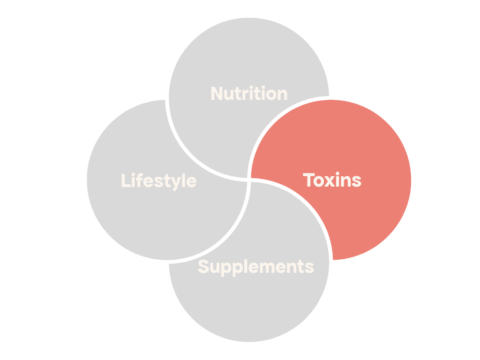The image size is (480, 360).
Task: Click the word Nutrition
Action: click(x=249, y=94)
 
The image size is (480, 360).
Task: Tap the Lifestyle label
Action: click(x=158, y=181)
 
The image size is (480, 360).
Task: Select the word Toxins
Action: click(x=332, y=180)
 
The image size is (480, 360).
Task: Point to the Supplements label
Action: click(x=255, y=267)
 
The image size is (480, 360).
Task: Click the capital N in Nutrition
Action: click(x=217, y=94)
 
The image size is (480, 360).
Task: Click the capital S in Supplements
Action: click(x=203, y=267)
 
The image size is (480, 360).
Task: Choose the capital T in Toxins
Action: click(x=309, y=180)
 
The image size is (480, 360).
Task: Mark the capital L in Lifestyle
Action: click(x=125, y=181)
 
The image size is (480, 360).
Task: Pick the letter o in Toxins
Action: click(x=320, y=181)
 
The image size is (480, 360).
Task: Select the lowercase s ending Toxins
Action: click(x=357, y=181)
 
